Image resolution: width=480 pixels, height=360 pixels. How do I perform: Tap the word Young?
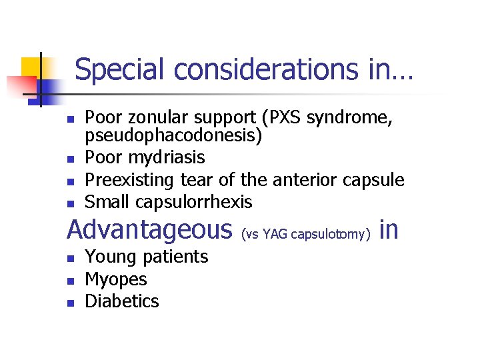[108, 257]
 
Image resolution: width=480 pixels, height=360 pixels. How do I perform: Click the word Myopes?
[116, 279]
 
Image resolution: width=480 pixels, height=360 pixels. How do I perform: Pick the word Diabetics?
[122, 301]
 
